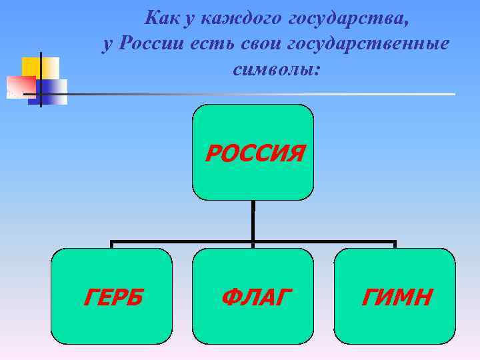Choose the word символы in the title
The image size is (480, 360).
(276, 69)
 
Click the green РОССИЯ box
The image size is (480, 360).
(253, 152)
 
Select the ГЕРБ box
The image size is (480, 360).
(111, 295)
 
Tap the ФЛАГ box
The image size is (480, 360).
(253, 295)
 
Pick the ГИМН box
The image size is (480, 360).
(395, 295)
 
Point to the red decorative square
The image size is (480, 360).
(20, 85)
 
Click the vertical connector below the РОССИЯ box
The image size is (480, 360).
(253, 220)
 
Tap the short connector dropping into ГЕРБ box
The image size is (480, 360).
(111, 245)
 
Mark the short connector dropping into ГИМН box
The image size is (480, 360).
(395, 245)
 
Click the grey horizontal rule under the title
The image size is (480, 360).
(267, 94)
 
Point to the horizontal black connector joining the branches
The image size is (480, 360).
(187, 241)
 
